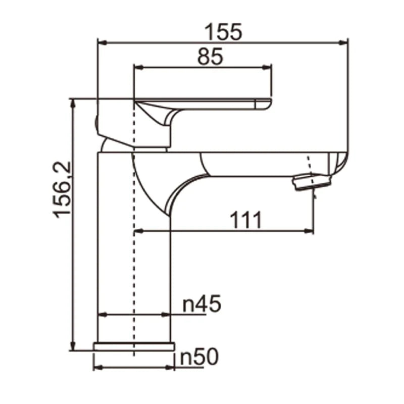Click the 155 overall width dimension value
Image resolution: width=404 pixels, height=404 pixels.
click(x=223, y=31)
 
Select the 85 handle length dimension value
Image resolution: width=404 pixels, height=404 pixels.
click(x=210, y=57)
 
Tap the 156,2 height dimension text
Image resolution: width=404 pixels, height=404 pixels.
click(x=64, y=189)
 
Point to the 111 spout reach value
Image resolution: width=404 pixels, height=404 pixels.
click(x=246, y=220)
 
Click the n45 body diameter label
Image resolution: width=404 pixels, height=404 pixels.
click(x=201, y=304)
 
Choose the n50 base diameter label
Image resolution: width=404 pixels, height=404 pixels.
click(x=199, y=357)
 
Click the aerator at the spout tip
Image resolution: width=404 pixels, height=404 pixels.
click(x=312, y=181)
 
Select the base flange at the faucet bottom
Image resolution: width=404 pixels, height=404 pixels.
click(x=134, y=346)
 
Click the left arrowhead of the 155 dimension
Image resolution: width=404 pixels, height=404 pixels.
click(x=101, y=42)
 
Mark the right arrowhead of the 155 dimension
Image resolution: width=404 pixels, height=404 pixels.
click(x=344, y=42)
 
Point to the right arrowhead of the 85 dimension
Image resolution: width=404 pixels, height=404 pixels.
click(x=268, y=67)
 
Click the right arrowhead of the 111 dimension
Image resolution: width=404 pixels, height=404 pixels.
click(x=309, y=231)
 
